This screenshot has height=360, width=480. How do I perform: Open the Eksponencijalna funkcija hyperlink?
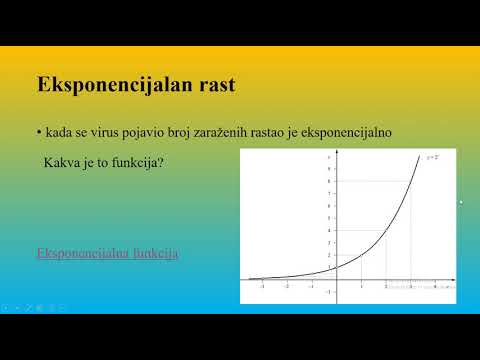[107, 253]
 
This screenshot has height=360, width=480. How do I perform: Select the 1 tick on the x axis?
[360, 286]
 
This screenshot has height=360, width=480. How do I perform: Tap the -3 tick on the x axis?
[262, 286]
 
